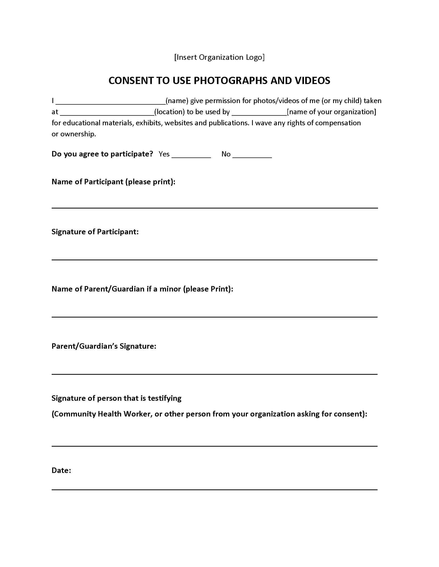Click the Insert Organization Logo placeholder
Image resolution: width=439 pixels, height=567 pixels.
(219, 57)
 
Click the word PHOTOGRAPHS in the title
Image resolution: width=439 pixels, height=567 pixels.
(230, 81)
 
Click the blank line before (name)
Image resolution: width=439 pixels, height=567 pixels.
(111, 103)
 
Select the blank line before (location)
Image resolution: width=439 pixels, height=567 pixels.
(107, 114)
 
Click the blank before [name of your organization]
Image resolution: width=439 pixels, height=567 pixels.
(259, 114)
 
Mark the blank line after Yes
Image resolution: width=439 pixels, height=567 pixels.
(191, 156)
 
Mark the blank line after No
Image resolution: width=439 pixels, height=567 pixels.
(252, 156)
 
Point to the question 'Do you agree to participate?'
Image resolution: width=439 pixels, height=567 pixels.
(102, 154)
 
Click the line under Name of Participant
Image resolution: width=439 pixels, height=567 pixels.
(215, 208)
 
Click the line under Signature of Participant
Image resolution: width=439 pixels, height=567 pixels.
(215, 259)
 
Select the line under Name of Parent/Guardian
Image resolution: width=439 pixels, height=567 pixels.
(215, 317)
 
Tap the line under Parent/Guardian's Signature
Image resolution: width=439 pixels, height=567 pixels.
(215, 374)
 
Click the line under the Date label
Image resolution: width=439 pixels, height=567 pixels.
(215, 489)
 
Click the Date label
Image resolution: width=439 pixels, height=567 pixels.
(61, 470)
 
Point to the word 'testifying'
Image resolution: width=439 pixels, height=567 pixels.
(165, 398)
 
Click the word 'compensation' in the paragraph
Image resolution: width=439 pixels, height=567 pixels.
(338, 123)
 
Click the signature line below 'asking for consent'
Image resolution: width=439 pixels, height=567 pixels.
(215, 446)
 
